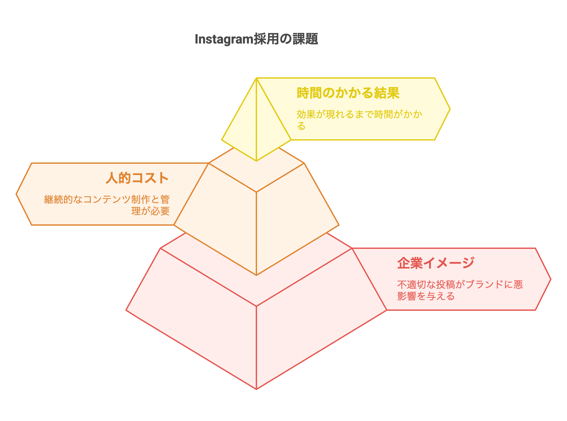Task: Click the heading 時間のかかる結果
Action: [x=348, y=93]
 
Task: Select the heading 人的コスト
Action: [x=137, y=178]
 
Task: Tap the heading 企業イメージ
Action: [x=436, y=263]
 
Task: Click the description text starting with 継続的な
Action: [x=107, y=205]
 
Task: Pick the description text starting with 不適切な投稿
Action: [x=460, y=290]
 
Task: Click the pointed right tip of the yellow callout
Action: [x=450, y=109]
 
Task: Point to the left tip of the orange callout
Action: [x=16, y=194]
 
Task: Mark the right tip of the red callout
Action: [x=551, y=279]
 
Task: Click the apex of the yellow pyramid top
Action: [x=256, y=78]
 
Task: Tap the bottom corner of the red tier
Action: [x=256, y=389]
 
